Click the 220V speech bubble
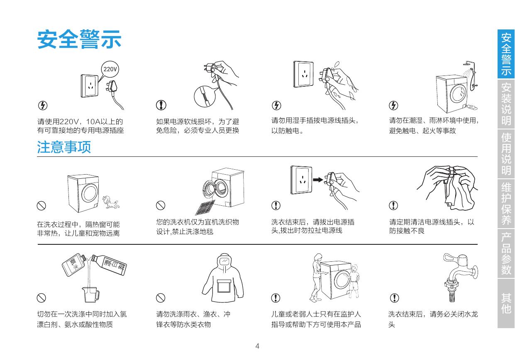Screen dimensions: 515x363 tap(110, 69)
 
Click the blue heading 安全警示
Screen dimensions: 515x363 tap(79, 39)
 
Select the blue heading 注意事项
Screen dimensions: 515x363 tap(64, 147)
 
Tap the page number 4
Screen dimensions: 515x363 tap(257, 346)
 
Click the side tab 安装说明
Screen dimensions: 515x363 tap(506, 104)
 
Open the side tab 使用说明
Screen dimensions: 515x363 tap(506, 154)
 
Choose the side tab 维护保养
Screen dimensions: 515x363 tap(506, 204)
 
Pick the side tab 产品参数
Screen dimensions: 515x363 tap(506, 253)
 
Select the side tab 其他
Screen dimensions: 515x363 tap(506, 303)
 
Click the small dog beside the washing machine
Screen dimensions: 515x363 tap(111, 202)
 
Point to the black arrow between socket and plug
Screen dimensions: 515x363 tap(318, 180)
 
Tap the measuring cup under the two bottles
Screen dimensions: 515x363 tap(90, 295)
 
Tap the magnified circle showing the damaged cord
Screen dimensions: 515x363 tap(205, 97)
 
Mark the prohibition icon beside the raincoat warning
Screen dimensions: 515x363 tap(161, 298)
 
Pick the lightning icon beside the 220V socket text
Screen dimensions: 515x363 tap(43, 105)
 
